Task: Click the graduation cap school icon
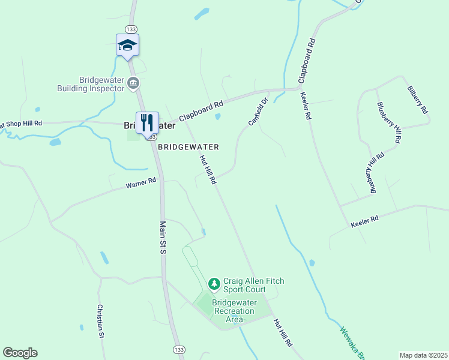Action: pos(127,45)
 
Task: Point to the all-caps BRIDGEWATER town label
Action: pos(188,146)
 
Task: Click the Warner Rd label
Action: pos(141,182)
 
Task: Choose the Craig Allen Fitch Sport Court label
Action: pos(253,285)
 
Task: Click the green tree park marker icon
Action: pos(214,283)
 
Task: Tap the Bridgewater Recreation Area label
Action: pos(234,311)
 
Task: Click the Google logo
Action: pos(20,353)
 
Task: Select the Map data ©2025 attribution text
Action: pos(423,355)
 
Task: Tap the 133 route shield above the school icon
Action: pos(130,29)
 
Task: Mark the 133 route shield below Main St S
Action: pos(178,349)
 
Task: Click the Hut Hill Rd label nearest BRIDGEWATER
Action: pos(208,169)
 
